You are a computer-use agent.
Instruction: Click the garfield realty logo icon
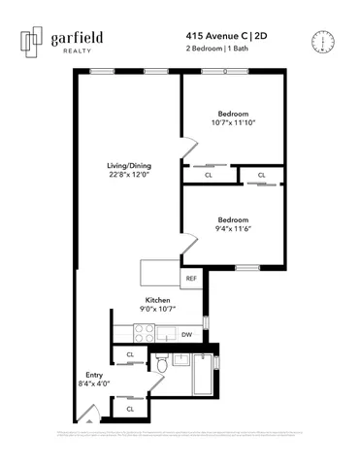point(35,41)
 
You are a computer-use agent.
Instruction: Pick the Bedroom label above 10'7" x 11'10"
point(233,112)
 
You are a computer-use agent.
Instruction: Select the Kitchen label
point(158,301)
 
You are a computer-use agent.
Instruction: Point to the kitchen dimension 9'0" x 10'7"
point(158,311)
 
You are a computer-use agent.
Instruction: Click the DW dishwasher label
point(186,335)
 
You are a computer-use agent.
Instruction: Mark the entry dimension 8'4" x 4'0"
point(94,383)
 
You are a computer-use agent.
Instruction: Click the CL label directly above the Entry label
point(130,354)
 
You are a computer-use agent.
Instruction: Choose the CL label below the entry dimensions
point(130,409)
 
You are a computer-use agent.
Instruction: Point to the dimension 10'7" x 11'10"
point(233,123)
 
